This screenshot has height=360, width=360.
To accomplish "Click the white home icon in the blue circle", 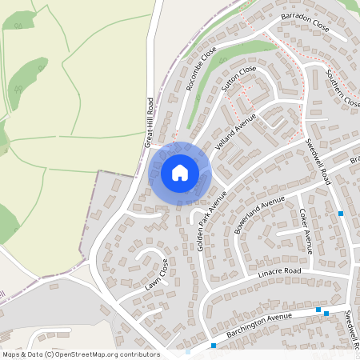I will tap(180, 172).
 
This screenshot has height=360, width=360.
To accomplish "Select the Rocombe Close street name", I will tap(202, 70).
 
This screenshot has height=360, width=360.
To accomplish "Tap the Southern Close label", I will tap(343, 90).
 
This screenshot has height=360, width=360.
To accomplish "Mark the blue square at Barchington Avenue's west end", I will tap(214, 346).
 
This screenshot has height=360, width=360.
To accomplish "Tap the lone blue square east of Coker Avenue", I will tap(341, 214).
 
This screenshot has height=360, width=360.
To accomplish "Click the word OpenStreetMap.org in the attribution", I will tap(90, 354).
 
